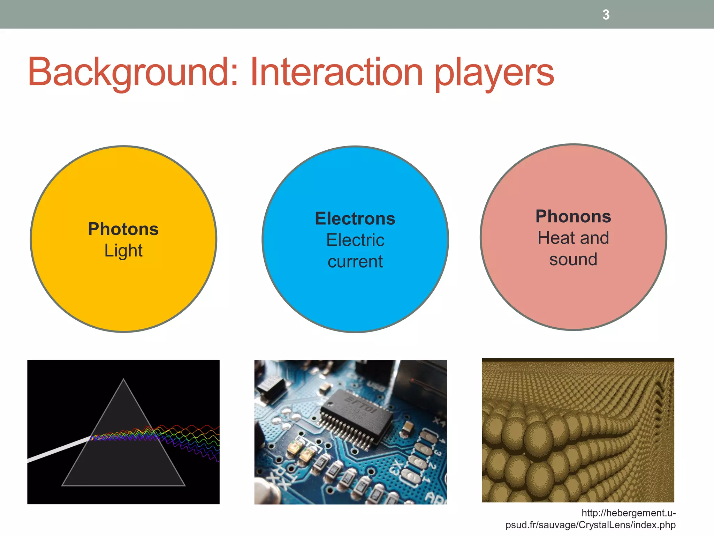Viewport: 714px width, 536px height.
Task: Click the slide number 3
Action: tap(606, 15)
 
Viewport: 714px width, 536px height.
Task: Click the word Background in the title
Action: tap(128, 72)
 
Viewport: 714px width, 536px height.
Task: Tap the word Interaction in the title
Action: tap(336, 72)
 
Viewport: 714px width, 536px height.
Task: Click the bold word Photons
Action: tap(123, 229)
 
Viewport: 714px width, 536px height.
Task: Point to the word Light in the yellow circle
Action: tap(123, 251)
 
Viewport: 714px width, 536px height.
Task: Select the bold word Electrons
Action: tap(355, 219)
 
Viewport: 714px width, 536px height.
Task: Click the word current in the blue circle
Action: tap(355, 262)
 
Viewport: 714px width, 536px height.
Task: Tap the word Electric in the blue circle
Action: tap(355, 240)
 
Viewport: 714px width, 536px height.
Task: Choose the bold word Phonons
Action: tap(573, 216)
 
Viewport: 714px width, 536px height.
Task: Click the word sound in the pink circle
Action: tap(573, 260)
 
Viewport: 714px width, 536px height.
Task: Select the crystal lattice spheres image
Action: tap(578, 430)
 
